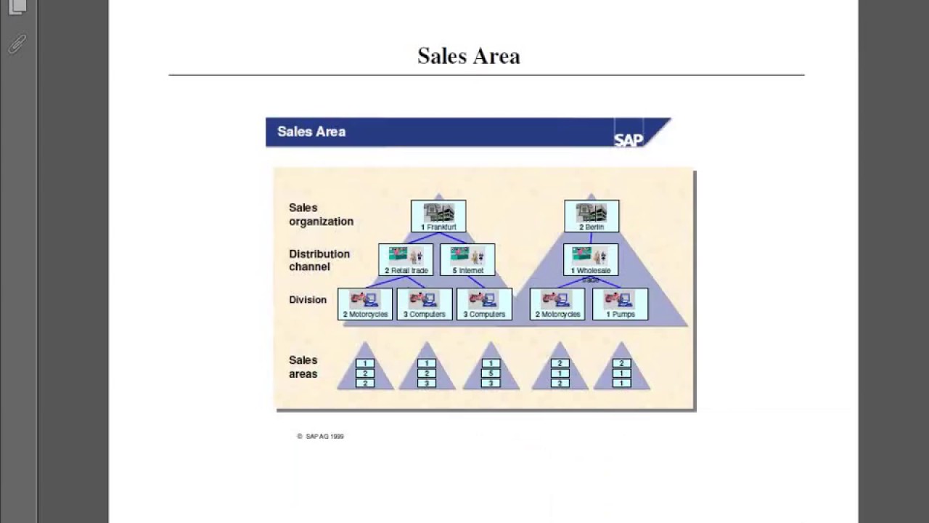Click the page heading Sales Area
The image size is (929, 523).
(469, 56)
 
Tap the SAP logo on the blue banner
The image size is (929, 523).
(629, 139)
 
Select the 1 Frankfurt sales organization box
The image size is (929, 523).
(438, 216)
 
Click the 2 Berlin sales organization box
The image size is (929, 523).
(592, 216)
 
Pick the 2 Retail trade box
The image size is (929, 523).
(406, 260)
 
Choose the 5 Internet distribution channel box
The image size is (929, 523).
(467, 260)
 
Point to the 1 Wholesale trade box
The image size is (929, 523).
(591, 260)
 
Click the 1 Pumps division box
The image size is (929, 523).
(621, 304)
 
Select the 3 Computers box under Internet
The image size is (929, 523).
(484, 304)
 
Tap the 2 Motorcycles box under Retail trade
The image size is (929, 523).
(365, 304)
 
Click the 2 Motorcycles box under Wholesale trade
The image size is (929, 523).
(557, 304)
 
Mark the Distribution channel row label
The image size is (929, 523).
(319, 260)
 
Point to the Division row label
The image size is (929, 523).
(308, 299)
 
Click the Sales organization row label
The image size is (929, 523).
(321, 214)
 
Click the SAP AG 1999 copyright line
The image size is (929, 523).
(320, 437)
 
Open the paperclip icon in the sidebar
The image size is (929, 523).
(17, 44)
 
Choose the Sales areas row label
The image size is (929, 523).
(303, 367)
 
